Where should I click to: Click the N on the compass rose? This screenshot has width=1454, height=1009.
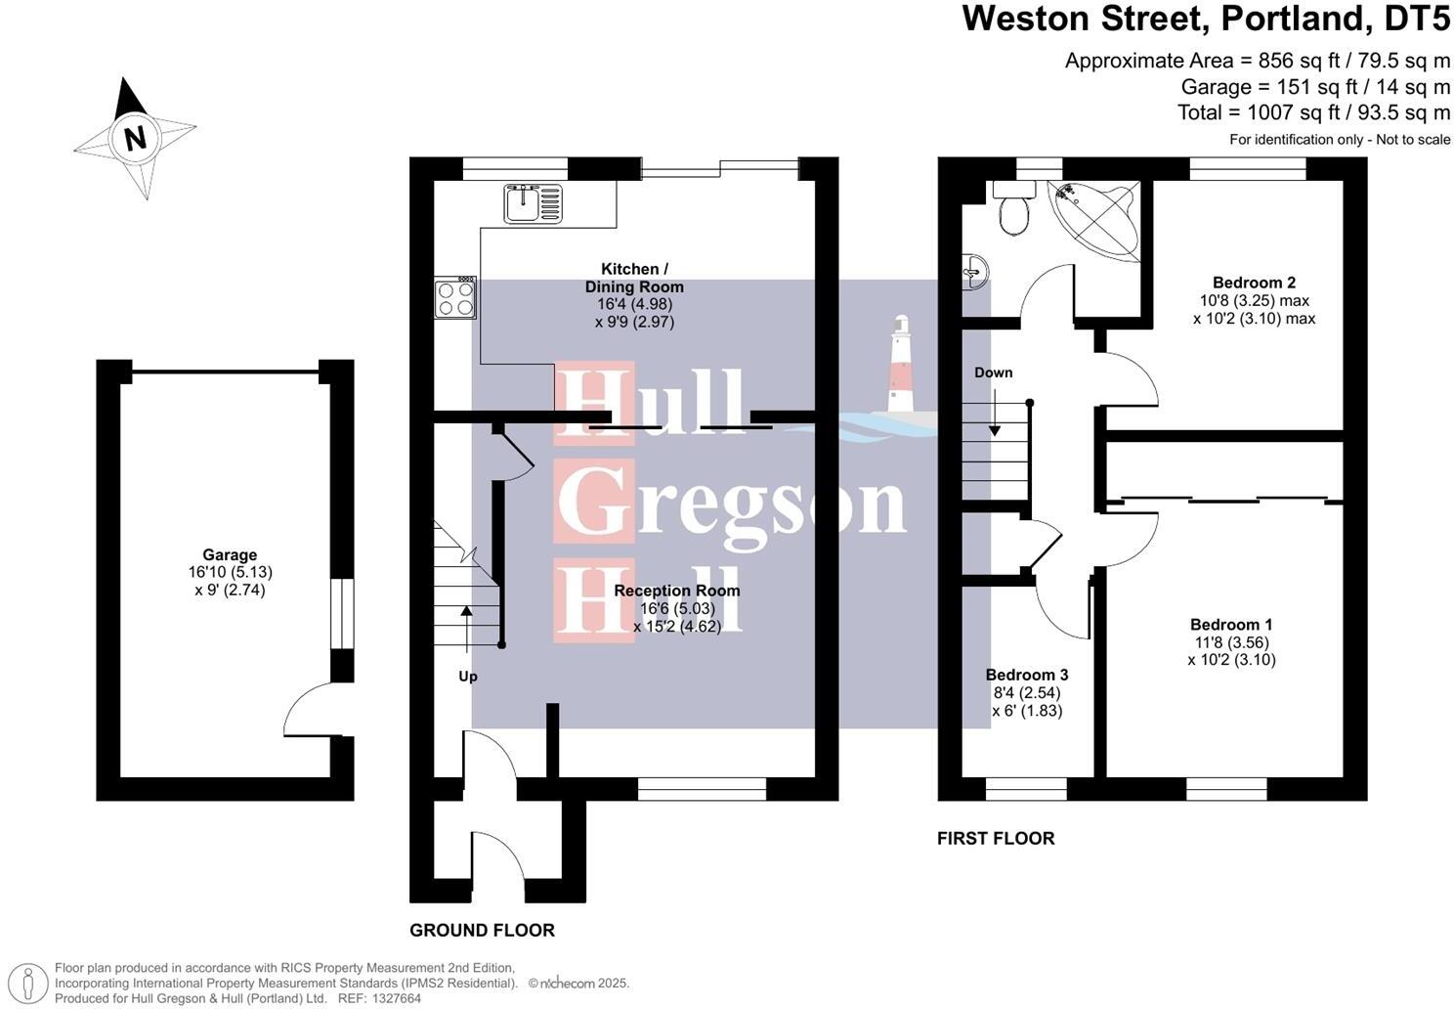click(136, 138)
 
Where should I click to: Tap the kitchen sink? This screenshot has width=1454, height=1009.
click(534, 203)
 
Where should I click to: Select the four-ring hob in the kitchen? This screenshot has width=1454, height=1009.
click(455, 297)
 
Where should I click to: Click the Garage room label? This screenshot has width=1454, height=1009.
click(230, 555)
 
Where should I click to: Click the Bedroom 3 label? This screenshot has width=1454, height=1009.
click(1026, 676)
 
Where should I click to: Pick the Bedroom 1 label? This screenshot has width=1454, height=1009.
click(1231, 625)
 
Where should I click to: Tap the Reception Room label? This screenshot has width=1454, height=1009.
click(677, 591)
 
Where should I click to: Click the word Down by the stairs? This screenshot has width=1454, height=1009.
click(993, 373)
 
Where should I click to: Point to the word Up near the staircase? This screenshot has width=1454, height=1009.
click(468, 677)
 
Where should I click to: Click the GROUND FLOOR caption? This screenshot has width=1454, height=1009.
click(482, 931)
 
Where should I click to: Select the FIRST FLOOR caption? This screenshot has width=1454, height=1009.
click(996, 839)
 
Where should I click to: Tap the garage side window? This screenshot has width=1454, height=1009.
click(341, 613)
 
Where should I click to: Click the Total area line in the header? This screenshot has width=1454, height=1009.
click(1313, 112)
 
